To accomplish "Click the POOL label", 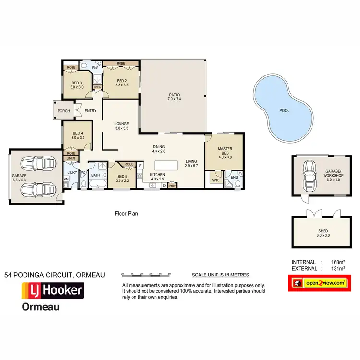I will (x=284, y=110).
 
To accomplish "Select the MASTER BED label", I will (x=225, y=152).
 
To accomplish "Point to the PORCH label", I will (x=63, y=111).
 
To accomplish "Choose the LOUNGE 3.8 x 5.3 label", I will (x=121, y=126).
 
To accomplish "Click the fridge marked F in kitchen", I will (x=140, y=166).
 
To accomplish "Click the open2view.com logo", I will (x=317, y=283).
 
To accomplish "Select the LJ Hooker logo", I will (x=52, y=290).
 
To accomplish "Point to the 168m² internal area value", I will (x=338, y=262).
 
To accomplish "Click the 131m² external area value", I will (x=338, y=268).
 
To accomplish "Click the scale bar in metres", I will (x=146, y=274).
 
